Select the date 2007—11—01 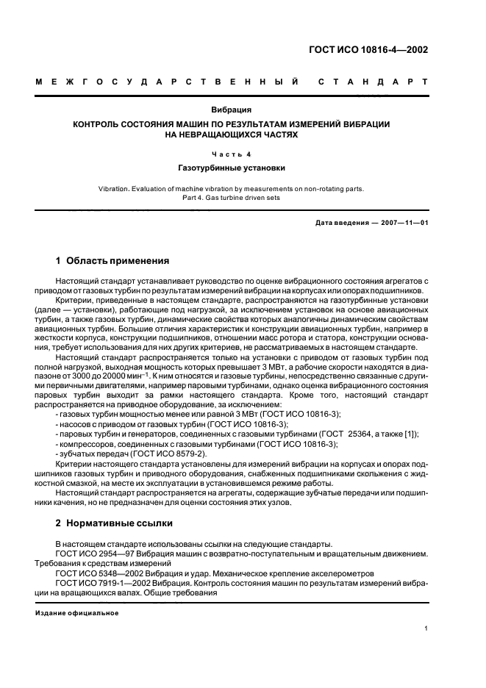tap(401, 222)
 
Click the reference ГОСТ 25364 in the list tap(343, 434)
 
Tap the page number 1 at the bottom tap(426, 628)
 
